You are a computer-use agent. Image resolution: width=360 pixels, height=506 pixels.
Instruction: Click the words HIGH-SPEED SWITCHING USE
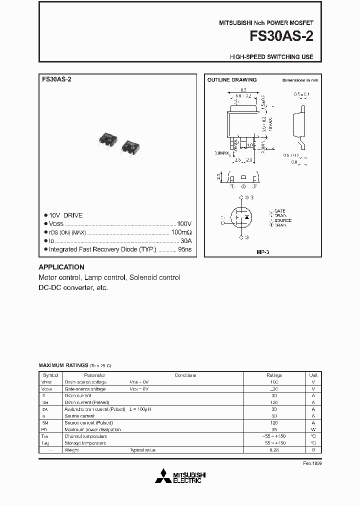pos(271,57)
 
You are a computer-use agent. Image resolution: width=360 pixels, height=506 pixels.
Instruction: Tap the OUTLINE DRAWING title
pos(232,80)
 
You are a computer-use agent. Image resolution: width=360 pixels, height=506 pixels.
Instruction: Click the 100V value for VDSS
pos(184,224)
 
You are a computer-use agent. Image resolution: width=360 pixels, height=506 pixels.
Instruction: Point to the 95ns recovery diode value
pos(184,249)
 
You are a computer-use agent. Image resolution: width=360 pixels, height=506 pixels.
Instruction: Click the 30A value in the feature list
pos(185,240)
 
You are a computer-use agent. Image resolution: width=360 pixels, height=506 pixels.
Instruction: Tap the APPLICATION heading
pos(61,267)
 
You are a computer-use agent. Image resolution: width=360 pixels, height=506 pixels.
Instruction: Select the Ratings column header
pos(274,375)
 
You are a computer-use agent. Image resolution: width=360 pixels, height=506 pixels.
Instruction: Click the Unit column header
pos(313,375)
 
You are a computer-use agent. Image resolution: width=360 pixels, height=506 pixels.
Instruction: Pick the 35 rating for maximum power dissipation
pos(274,429)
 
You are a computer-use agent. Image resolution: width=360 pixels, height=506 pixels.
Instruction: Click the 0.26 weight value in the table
pos(274,450)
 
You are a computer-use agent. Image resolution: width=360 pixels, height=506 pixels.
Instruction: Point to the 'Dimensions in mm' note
pos(300,80)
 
